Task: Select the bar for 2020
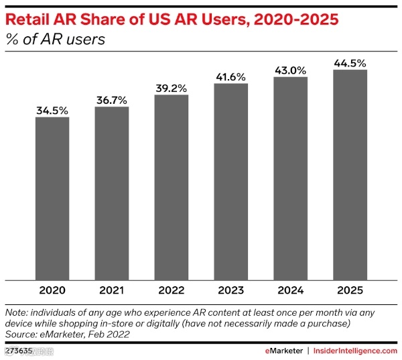[x=52, y=198]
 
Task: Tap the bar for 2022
[x=172, y=187]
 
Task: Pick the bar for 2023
[x=231, y=181]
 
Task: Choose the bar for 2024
[x=291, y=178]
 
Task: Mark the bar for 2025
[x=350, y=174]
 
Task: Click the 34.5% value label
[x=52, y=111]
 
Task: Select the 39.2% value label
[x=172, y=88]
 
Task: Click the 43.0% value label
[x=291, y=70]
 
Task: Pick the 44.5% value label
[x=350, y=63]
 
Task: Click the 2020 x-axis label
[x=52, y=292]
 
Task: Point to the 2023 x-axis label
[x=231, y=292]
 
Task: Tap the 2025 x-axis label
[x=350, y=292]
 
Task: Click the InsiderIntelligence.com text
[x=355, y=350]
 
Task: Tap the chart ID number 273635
[x=19, y=350]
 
